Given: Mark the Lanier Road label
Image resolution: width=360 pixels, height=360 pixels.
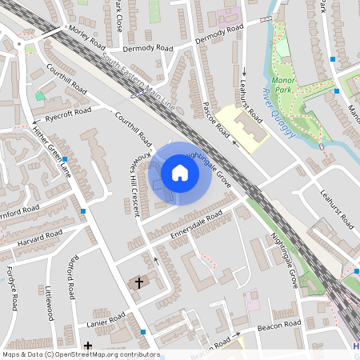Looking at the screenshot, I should (x=106, y=320).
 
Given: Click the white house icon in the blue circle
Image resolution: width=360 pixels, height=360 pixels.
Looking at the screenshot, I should (x=180, y=173).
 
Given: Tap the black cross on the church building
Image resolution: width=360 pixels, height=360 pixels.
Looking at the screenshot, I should (x=139, y=283).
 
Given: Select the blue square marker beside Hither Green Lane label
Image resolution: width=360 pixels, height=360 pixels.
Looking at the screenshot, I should (x=65, y=160).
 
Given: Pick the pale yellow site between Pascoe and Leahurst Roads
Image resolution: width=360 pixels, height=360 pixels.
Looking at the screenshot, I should (x=244, y=128).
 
